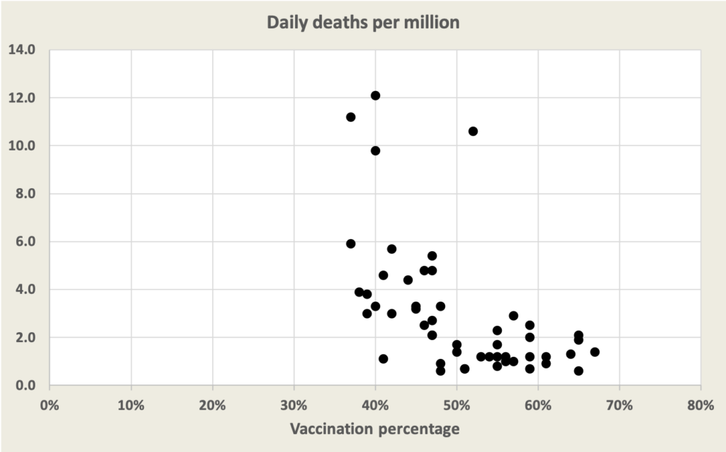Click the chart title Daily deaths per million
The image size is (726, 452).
coord(363,23)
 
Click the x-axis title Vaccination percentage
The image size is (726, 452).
coord(374,429)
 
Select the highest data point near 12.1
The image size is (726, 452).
coord(375,96)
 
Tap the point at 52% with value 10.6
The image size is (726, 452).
coord(473,131)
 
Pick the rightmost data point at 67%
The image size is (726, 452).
coord(595,352)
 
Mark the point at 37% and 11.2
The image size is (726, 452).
coord(350,117)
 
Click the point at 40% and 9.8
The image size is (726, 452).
coord(375,150)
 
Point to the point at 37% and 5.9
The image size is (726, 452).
coord(350,244)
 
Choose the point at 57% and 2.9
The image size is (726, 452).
coord(513,316)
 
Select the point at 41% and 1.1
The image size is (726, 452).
coord(383,359)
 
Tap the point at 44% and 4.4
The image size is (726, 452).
coord(408,280)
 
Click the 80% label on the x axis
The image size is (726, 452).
coord(700,405)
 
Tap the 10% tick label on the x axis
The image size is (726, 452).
coord(131,405)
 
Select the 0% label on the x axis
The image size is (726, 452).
coord(50,405)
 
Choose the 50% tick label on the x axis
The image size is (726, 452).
coord(457,405)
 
